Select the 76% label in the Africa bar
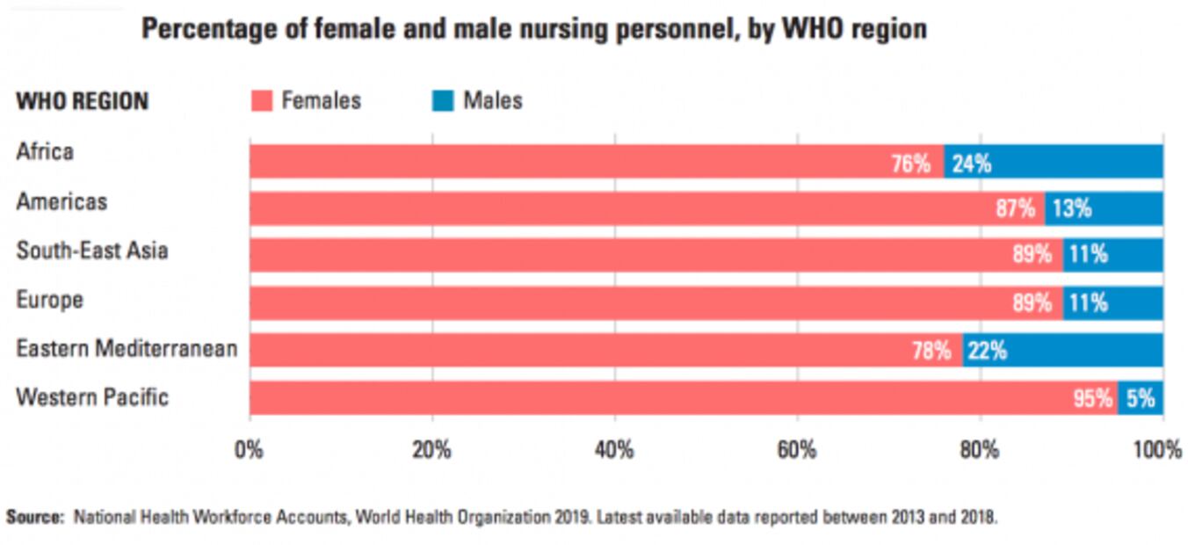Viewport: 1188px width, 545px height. [x=910, y=163]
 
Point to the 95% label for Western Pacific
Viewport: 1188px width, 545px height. [x=1092, y=399]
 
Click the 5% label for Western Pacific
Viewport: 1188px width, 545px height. [x=1141, y=399]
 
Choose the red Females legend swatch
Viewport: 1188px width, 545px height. [x=263, y=101]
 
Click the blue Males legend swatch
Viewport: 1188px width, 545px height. [x=443, y=101]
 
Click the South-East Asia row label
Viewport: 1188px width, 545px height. [x=92, y=251]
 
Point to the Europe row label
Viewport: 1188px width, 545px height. [x=49, y=300]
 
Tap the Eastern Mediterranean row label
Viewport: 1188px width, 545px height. [x=127, y=349]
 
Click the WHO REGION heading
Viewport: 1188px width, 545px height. [x=82, y=102]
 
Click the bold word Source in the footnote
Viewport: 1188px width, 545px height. [x=35, y=517]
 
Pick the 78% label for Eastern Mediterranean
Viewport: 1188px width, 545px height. [x=931, y=352]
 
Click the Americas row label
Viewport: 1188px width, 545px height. [x=62, y=202]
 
